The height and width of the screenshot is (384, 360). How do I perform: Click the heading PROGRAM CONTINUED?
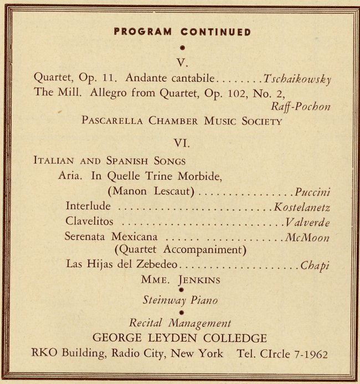point(182,32)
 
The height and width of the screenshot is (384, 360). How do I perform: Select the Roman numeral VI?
point(182,143)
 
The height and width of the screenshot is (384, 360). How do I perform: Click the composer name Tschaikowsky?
point(297,79)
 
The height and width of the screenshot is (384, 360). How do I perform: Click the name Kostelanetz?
point(302,207)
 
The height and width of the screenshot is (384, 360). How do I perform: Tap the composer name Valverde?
point(307,222)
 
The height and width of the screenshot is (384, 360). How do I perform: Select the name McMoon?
point(308,237)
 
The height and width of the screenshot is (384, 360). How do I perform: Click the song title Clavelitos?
point(89,221)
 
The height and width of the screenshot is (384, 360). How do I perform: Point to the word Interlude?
point(88,206)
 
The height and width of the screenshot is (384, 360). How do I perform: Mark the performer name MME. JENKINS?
point(181,279)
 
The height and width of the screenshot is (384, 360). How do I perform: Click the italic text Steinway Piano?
point(180,301)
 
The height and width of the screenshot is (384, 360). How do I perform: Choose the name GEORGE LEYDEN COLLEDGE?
point(180,338)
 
